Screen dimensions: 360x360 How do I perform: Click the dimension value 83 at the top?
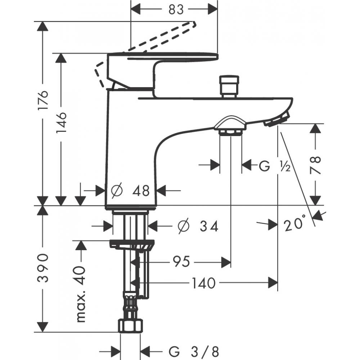(176, 9)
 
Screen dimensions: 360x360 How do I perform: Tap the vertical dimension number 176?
(43, 101)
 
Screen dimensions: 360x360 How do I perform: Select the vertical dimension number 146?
(62, 122)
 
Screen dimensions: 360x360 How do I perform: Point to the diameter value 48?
(141, 190)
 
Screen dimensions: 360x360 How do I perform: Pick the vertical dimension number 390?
(43, 268)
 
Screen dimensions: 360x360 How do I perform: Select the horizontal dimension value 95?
(181, 262)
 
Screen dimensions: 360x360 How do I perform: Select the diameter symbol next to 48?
(117, 190)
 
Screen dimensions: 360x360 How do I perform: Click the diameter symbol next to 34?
(184, 226)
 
